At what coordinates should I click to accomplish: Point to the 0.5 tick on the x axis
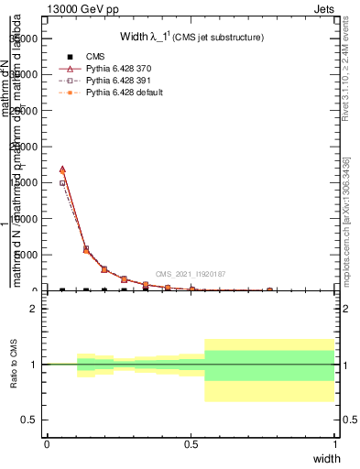pyautogui.click(x=191, y=444)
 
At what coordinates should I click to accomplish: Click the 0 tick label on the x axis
pyautogui.click(x=47, y=444)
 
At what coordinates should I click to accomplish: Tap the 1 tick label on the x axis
pyautogui.click(x=334, y=444)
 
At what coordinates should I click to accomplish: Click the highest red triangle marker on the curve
pyautogui.click(x=62, y=169)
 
